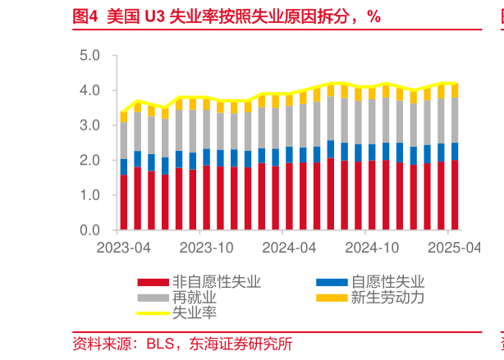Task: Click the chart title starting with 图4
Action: point(227,16)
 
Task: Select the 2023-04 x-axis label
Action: point(123,247)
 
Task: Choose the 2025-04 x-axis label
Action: point(454,247)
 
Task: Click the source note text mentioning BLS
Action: point(182,344)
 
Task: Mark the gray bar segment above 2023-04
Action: point(123,140)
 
